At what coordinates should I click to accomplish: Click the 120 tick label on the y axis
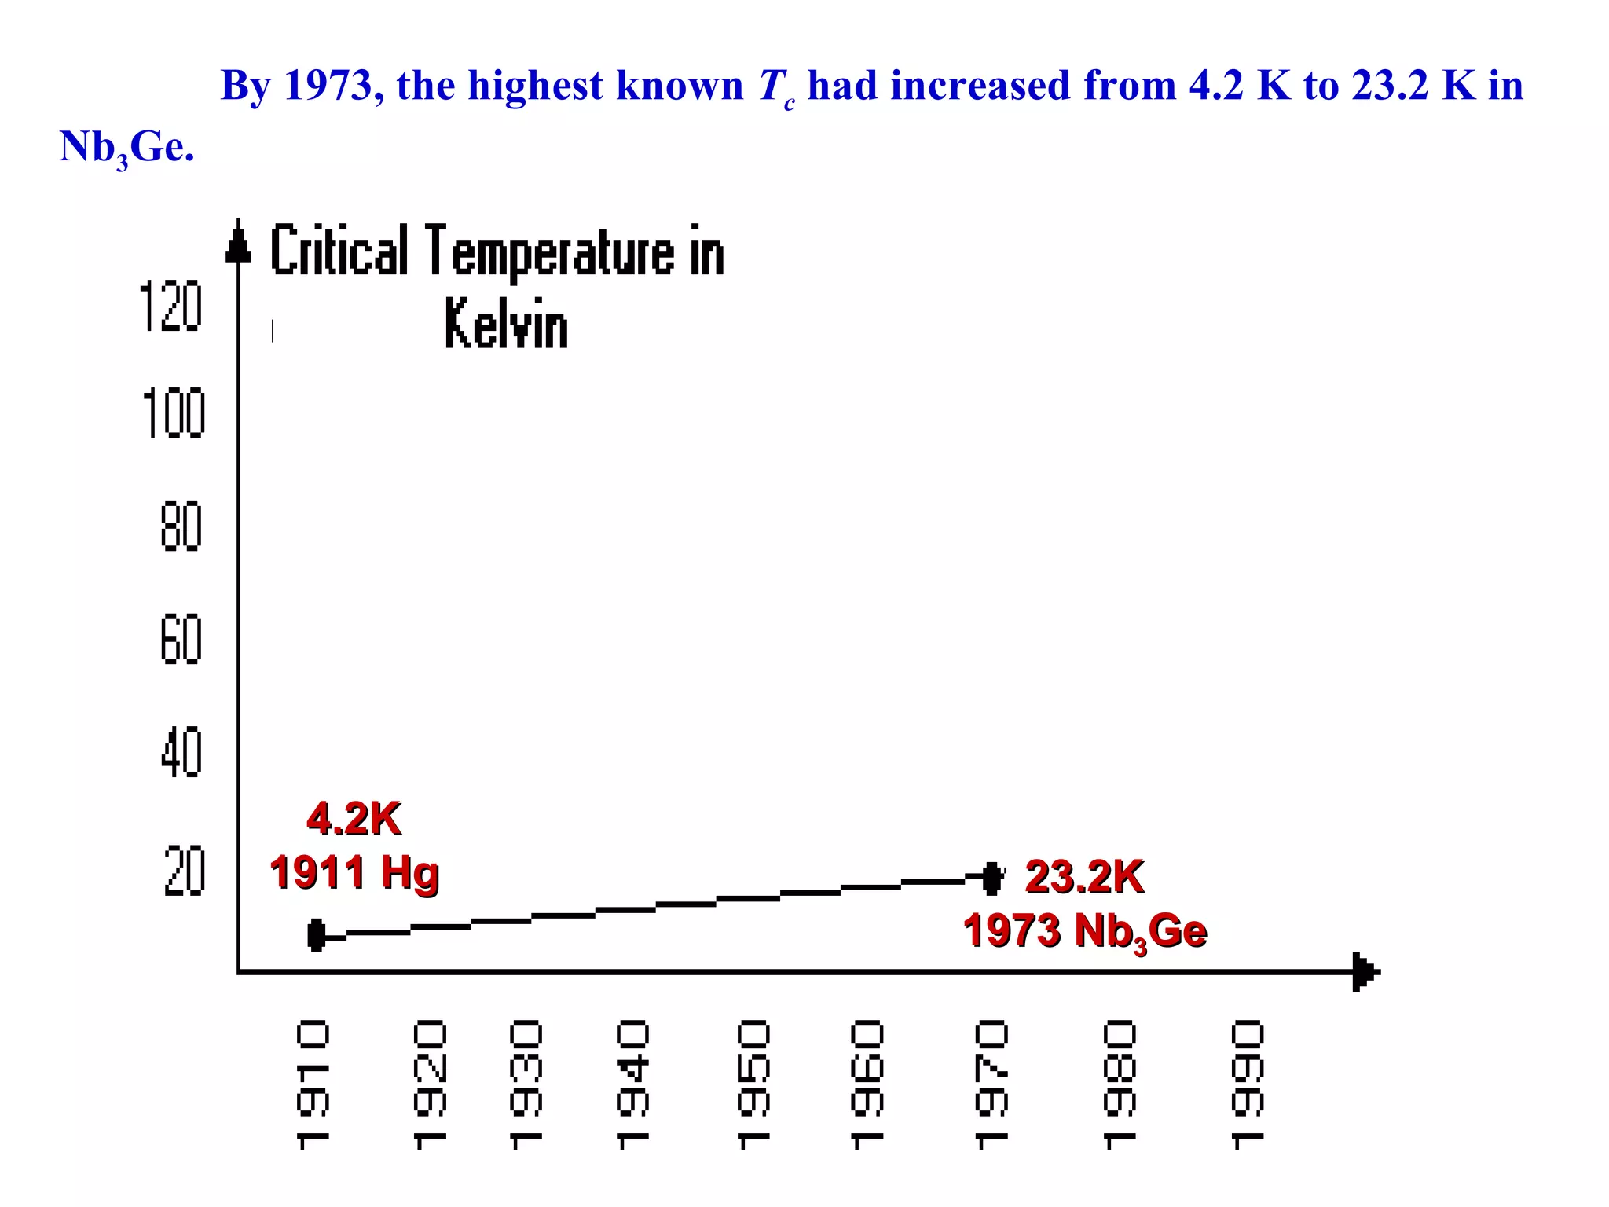point(170,306)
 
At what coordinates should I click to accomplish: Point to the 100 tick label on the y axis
point(174,413)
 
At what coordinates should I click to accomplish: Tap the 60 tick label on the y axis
point(181,640)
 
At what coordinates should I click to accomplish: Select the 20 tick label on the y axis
point(185,871)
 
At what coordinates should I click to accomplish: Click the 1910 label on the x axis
point(313,1084)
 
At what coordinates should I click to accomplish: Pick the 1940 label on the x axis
point(632,1084)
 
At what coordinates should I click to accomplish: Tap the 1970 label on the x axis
point(991,1084)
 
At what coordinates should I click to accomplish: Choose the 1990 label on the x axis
point(1248,1084)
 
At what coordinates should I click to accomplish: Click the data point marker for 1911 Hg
point(317,935)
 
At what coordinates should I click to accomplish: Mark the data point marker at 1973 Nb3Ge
point(992,878)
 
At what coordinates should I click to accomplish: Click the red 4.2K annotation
point(354,819)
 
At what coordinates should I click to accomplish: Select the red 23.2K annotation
point(1084,876)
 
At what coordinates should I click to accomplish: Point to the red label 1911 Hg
point(354,872)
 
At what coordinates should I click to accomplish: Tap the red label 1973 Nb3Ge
point(1084,932)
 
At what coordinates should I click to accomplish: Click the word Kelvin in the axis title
point(506,324)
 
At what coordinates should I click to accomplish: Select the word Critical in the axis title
point(339,251)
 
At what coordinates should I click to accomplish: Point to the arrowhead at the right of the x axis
point(1365,972)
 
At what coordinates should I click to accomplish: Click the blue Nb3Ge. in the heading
point(126,147)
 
